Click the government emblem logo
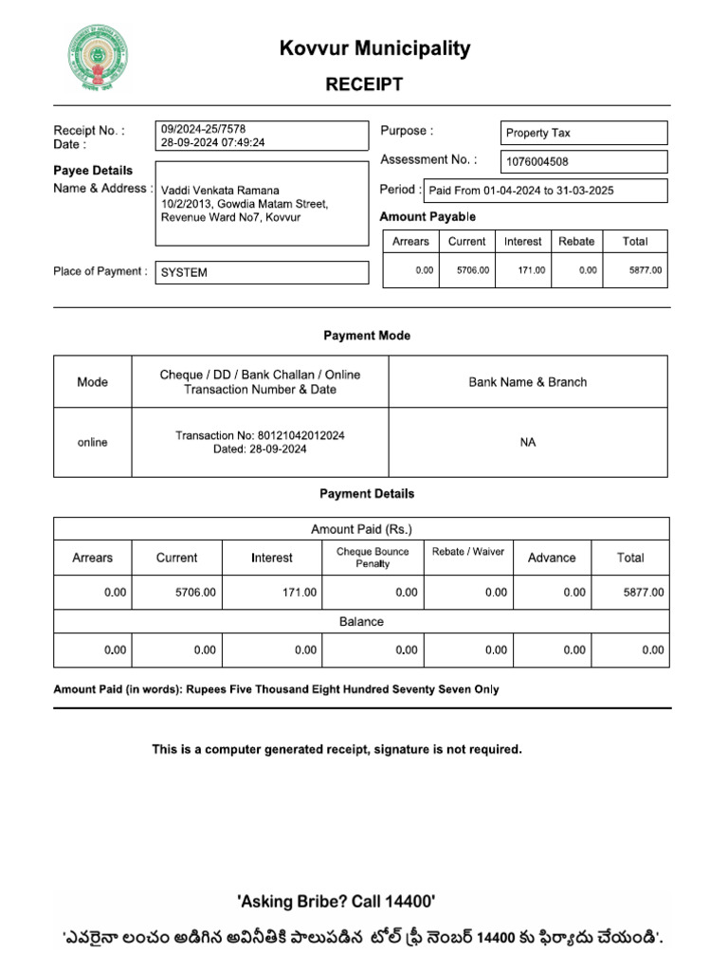click(x=98, y=56)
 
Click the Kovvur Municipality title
click(x=374, y=48)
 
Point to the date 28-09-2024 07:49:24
click(x=213, y=142)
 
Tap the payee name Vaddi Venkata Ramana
click(x=220, y=191)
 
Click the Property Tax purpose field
click(x=538, y=133)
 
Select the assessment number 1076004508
click(x=537, y=162)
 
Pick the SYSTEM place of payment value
click(x=184, y=273)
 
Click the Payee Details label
click(x=93, y=171)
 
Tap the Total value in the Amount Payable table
click(x=646, y=271)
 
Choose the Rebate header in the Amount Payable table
click(x=576, y=242)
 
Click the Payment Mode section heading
click(x=367, y=336)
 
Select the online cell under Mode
click(x=92, y=443)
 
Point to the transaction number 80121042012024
click(x=300, y=435)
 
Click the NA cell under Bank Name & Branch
click(x=528, y=443)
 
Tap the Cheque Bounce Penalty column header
click(x=373, y=558)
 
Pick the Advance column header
click(x=552, y=558)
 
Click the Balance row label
click(x=361, y=622)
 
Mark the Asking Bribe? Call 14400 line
click(x=337, y=902)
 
